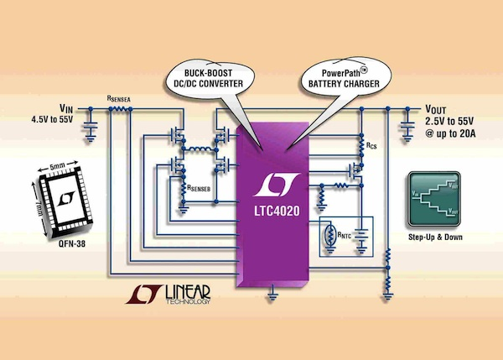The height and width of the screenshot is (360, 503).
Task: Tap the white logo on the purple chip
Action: click(x=272, y=183)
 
